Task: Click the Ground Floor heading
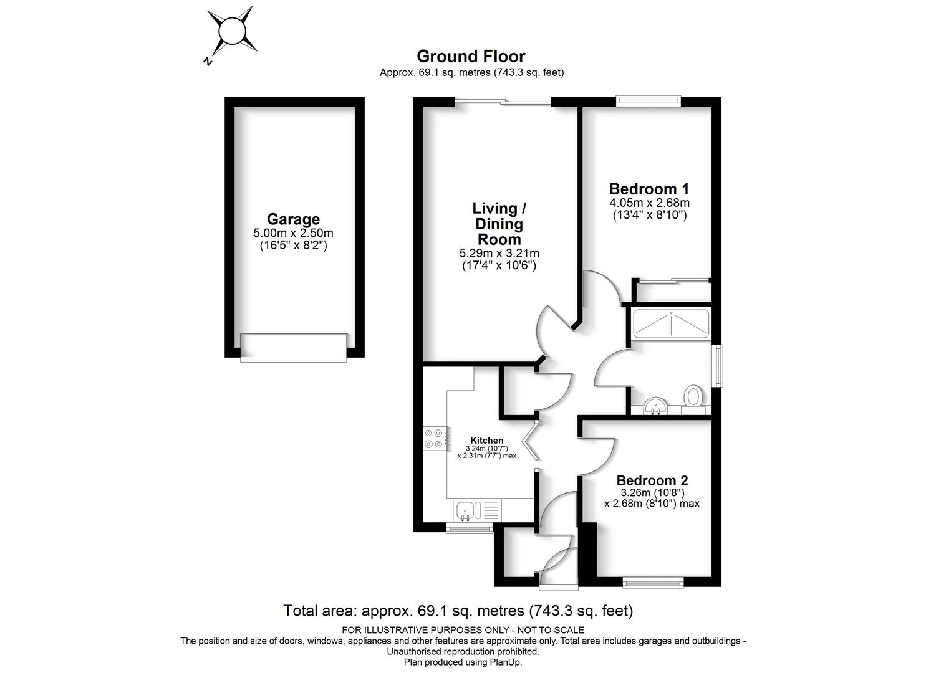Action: (x=471, y=56)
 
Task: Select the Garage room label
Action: (x=293, y=219)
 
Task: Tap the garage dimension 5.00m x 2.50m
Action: (x=293, y=233)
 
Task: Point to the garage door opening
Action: (x=294, y=348)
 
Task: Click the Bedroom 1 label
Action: (x=649, y=189)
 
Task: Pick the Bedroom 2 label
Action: (x=652, y=480)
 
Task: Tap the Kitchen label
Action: (x=487, y=441)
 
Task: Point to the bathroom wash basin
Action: (x=655, y=406)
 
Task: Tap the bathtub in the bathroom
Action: (x=671, y=323)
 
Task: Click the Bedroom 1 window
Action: (x=649, y=101)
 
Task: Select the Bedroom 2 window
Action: (x=653, y=583)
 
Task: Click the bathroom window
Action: (x=717, y=366)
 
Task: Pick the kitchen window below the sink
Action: (x=470, y=528)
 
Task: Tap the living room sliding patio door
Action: (x=503, y=102)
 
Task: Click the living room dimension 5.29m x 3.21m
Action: (x=499, y=253)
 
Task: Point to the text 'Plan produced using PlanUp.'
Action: (x=463, y=662)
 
